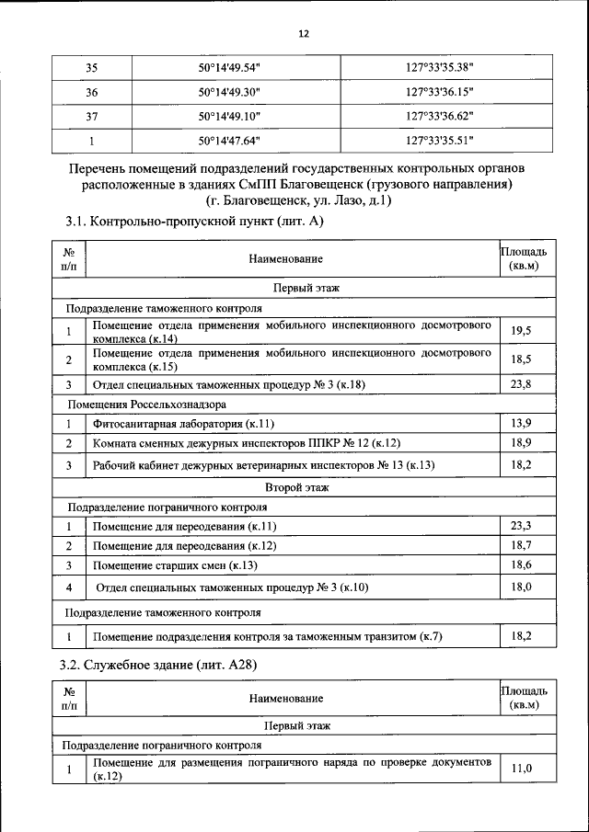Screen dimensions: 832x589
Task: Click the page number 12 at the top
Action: (x=303, y=34)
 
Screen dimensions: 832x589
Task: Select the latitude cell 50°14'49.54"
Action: (x=230, y=68)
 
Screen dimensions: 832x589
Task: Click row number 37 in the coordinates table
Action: (x=91, y=117)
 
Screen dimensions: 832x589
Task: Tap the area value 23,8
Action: (x=521, y=383)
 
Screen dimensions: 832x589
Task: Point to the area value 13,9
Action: (x=521, y=424)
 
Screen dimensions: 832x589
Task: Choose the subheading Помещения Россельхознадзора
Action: (x=146, y=404)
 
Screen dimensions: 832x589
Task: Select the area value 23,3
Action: (x=521, y=526)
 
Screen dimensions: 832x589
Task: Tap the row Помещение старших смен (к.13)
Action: (x=175, y=564)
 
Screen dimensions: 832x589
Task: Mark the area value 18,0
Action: (x=521, y=587)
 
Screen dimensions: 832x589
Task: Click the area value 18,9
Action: (x=521, y=444)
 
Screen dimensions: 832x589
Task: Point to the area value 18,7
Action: (x=521, y=545)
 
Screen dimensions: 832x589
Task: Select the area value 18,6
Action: (x=521, y=564)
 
